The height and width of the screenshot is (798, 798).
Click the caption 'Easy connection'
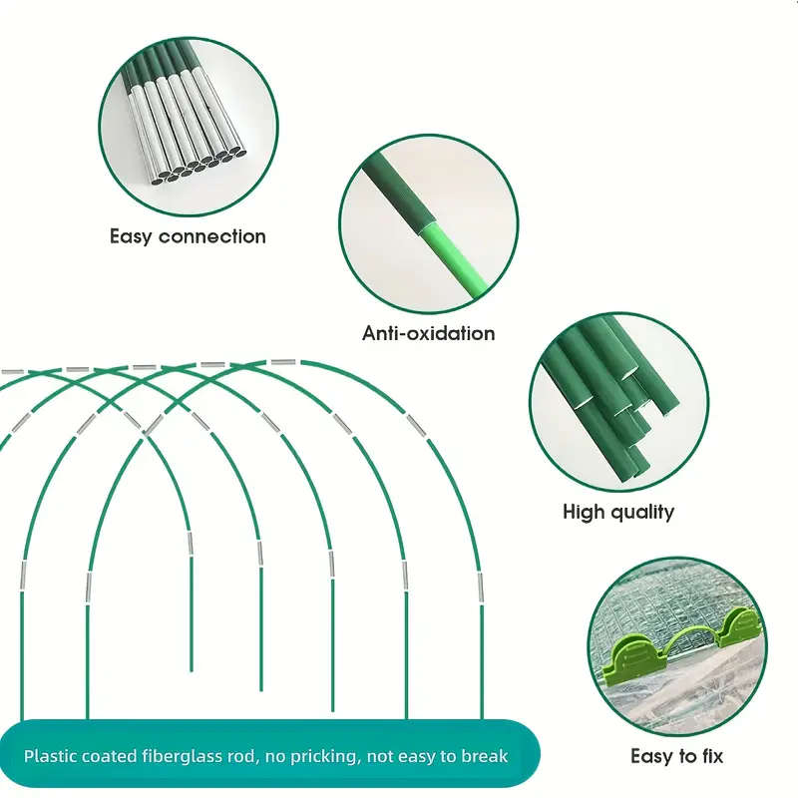188,236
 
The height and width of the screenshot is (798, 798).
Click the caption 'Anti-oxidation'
428,333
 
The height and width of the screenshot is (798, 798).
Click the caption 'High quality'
618,512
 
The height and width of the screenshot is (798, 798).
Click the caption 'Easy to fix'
676,756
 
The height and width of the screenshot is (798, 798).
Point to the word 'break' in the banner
485,756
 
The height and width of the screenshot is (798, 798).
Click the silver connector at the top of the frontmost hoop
282,363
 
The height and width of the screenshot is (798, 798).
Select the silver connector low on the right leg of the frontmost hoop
480,587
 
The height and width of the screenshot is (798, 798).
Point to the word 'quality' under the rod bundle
644,512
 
